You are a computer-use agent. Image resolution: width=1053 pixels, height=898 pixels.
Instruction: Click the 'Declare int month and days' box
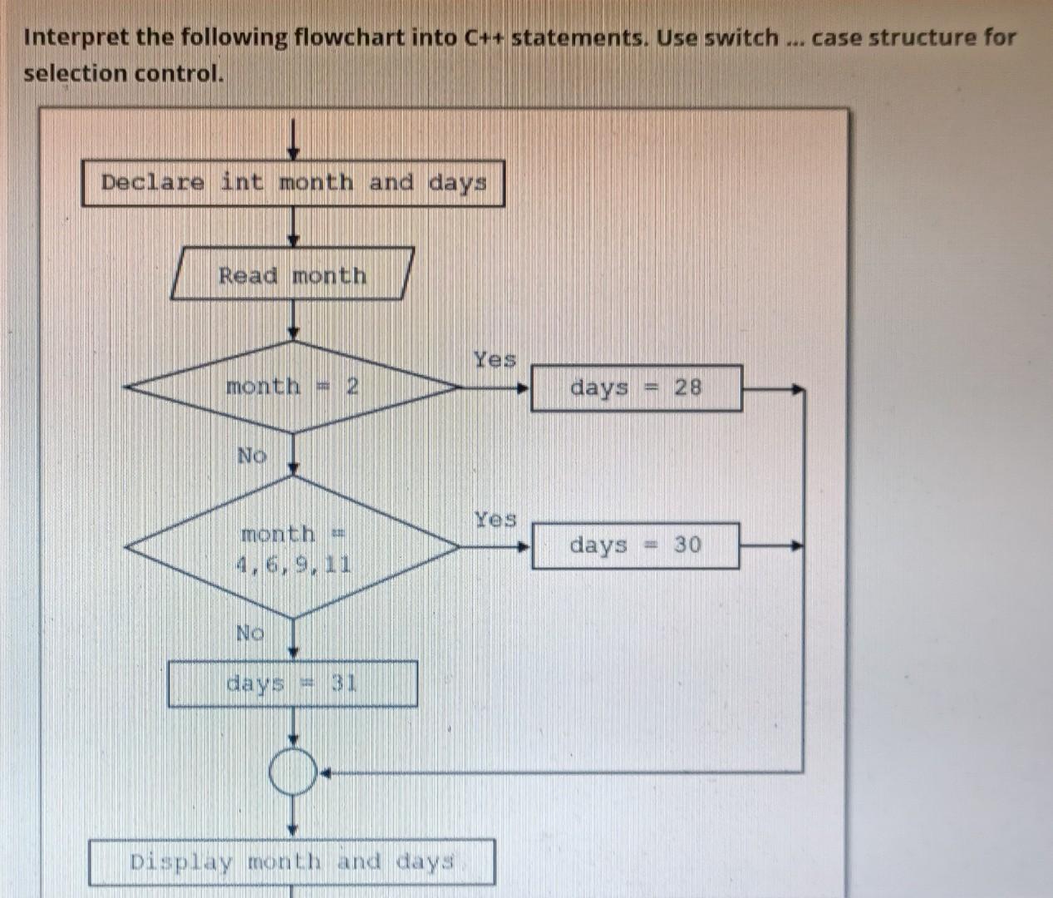click(x=293, y=184)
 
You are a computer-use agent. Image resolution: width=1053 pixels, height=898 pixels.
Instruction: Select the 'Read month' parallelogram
click(x=293, y=274)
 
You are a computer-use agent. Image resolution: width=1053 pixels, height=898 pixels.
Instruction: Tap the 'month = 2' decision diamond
click(x=293, y=387)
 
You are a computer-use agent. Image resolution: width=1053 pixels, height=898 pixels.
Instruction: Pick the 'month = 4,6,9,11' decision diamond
click(x=293, y=547)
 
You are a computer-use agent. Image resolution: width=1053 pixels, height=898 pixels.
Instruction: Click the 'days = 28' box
click(x=637, y=387)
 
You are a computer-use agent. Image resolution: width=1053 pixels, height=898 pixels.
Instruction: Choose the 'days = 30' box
click(x=636, y=545)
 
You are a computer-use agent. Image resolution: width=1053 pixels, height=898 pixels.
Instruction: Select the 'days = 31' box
click(x=293, y=684)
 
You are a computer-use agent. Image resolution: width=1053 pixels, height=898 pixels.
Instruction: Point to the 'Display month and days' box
click(x=292, y=861)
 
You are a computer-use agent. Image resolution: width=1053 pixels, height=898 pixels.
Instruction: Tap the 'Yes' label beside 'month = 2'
click(x=495, y=360)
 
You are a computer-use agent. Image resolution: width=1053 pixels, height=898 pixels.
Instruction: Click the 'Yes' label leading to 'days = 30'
click(x=495, y=520)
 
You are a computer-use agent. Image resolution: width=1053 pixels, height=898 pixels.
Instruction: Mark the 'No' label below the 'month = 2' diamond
click(x=252, y=455)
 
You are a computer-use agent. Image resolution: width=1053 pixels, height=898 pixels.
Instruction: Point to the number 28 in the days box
click(x=688, y=387)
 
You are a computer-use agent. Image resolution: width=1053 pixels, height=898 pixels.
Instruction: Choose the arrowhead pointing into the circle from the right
click(x=325, y=773)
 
